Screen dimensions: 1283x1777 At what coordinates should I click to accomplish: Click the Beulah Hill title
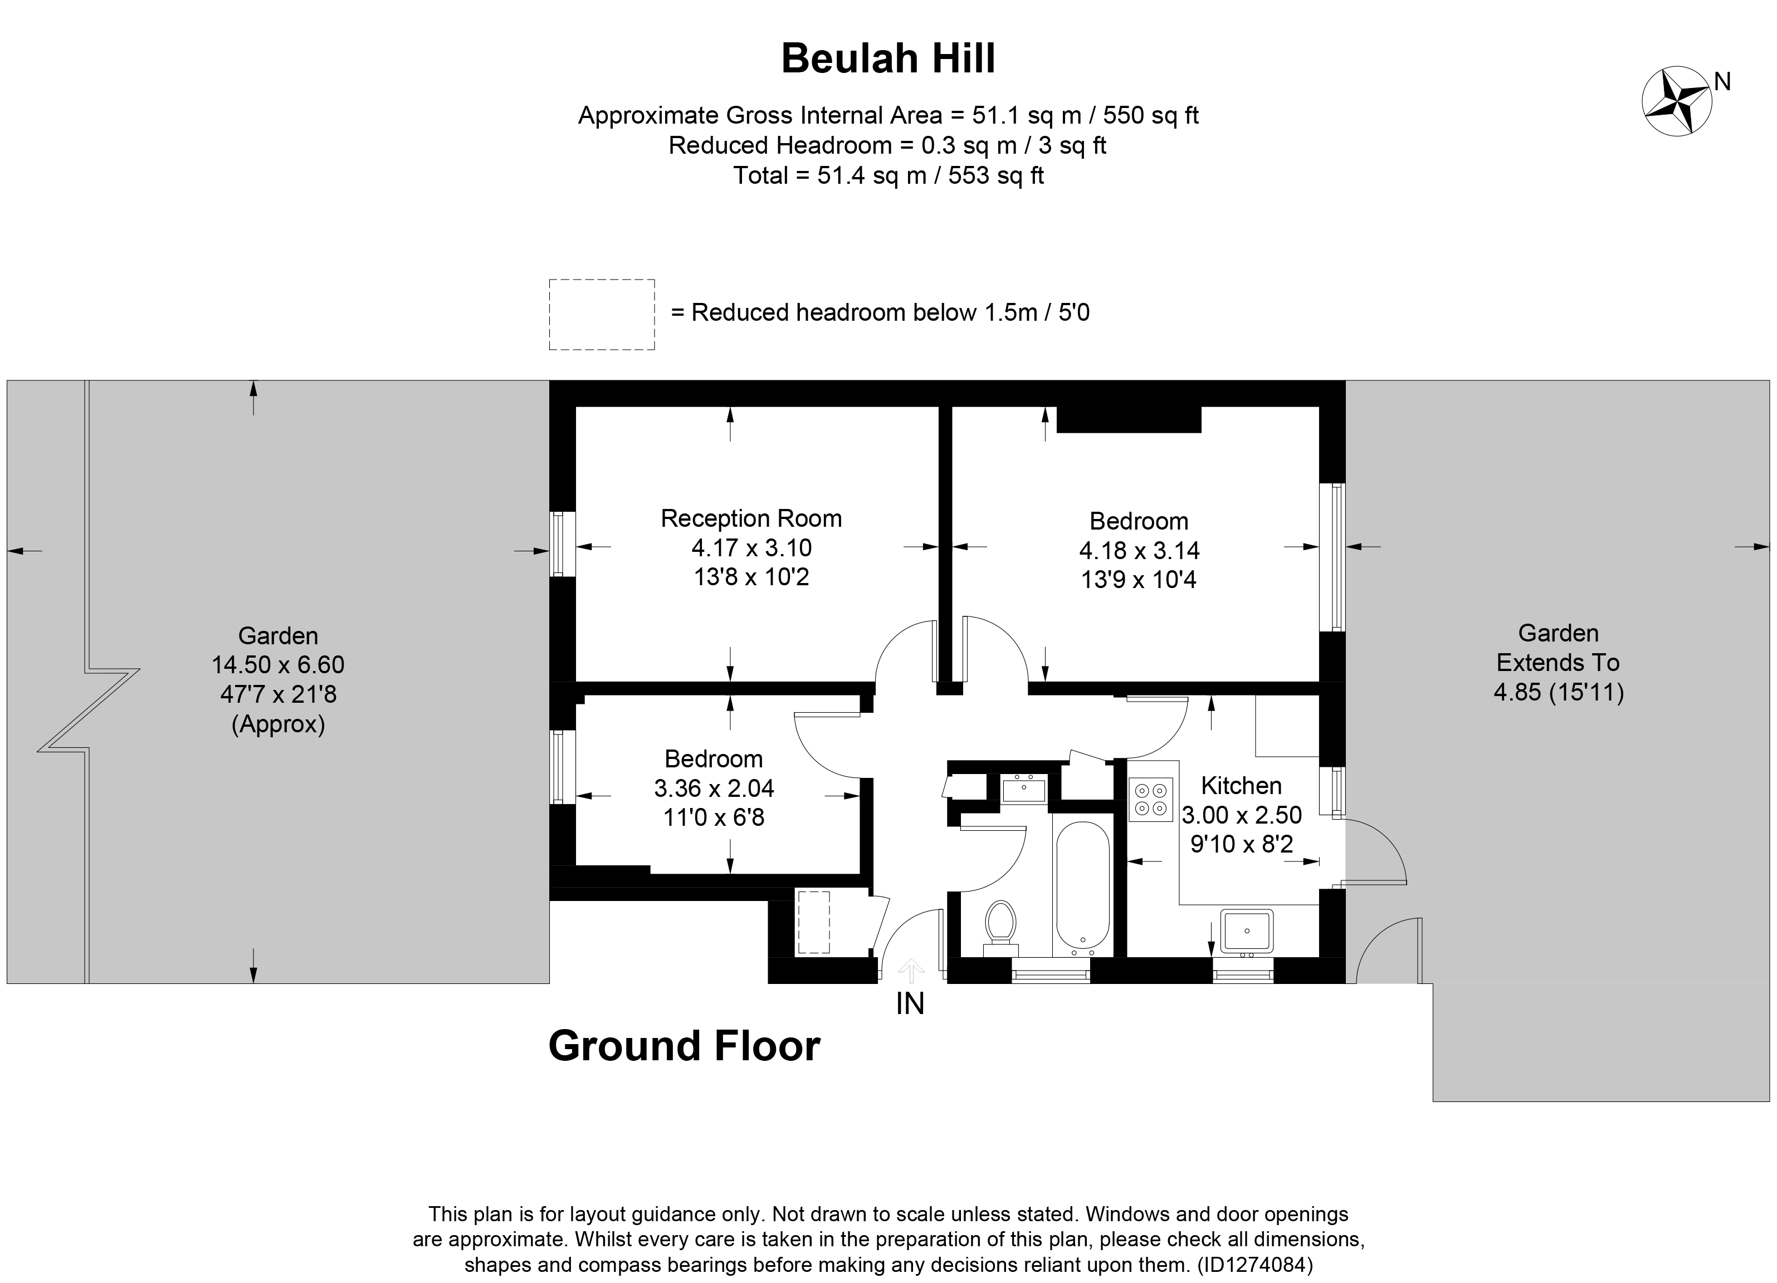[888, 58]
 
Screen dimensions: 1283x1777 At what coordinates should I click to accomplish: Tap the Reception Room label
[750, 518]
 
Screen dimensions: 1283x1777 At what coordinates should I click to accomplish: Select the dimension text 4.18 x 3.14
[1139, 551]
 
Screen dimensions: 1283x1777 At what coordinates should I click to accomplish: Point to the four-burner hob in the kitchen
[1150, 799]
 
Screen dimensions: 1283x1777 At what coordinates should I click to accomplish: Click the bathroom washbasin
[1023, 789]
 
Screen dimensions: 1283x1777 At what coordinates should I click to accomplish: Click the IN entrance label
[910, 1004]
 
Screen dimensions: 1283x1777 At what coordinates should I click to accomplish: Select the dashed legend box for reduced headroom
[601, 314]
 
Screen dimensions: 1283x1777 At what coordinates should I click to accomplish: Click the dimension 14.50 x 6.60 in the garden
[277, 665]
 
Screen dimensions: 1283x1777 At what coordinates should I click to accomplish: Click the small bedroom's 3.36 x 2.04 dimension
[714, 788]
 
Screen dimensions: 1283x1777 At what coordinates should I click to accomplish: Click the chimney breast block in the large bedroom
[1128, 420]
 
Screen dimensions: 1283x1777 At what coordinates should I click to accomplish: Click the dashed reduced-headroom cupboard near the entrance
[813, 922]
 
